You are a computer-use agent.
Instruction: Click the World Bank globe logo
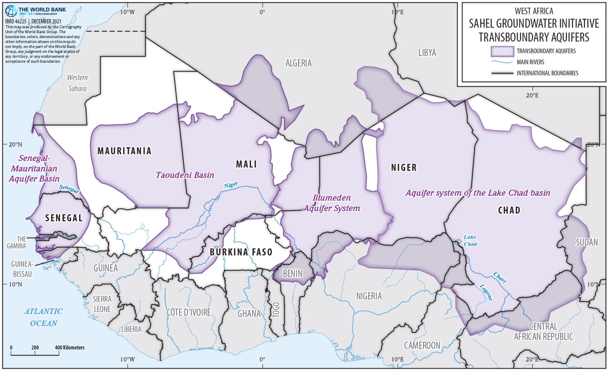[11, 11]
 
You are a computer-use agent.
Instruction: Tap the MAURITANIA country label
[124, 151]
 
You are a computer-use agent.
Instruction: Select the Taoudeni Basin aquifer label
[185, 175]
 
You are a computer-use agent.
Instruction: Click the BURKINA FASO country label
[241, 252]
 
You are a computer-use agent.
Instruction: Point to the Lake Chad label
[470, 240]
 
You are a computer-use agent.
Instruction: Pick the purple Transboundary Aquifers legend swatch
[502, 51]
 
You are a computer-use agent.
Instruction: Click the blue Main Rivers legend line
[502, 62]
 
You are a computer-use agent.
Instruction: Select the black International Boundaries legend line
[502, 73]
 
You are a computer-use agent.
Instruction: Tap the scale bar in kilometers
[35, 353]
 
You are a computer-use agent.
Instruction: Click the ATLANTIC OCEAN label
[43, 317]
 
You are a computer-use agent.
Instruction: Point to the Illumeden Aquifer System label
[332, 203]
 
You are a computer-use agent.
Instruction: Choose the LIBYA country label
[427, 53]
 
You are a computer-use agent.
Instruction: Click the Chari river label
[500, 277]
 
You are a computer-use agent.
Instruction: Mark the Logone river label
[486, 292]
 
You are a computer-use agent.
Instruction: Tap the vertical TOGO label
[276, 310]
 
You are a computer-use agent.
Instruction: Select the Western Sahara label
[77, 83]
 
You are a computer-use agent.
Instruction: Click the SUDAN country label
[587, 242]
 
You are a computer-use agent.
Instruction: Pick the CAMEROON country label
[422, 345]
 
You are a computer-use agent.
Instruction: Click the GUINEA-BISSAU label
[22, 269]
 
